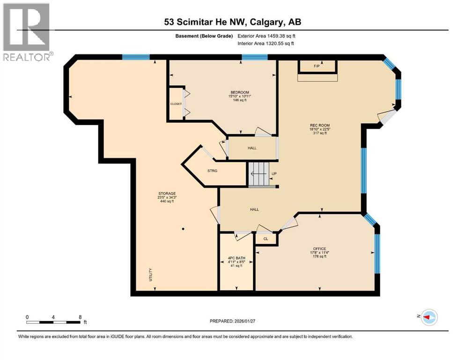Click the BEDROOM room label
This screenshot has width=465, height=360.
pyautogui.click(x=239, y=92)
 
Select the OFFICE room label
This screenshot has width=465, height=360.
pyautogui.click(x=320, y=249)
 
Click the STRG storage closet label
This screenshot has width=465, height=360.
pyautogui.click(x=213, y=171)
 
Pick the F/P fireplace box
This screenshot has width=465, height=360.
pyautogui.click(x=317, y=67)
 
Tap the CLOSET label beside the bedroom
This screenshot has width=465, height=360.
pyautogui.click(x=176, y=104)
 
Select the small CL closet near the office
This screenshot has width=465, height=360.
pyautogui.click(x=266, y=239)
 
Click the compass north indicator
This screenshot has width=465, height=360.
pyautogui.click(x=428, y=317)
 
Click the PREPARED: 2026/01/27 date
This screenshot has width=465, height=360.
pyautogui.click(x=233, y=321)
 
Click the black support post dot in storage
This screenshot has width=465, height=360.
pyautogui.click(x=183, y=229)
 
